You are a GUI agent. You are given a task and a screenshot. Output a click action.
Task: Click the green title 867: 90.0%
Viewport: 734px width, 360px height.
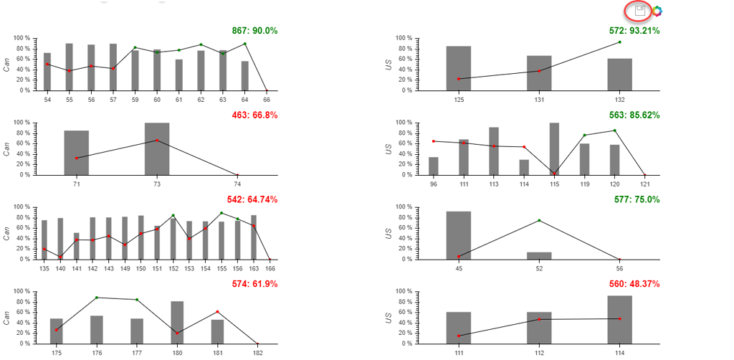(254, 31)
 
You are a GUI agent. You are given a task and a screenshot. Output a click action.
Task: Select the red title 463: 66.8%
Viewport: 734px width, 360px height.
(254, 115)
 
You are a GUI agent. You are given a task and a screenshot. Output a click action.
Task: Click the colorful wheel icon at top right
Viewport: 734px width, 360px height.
(657, 11)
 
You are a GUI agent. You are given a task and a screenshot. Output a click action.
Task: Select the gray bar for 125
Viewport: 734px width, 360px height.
(459, 68)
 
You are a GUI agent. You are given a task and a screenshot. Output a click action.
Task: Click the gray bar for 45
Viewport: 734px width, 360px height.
(459, 235)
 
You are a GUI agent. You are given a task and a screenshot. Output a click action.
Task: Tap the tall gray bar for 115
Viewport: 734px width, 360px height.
(554, 149)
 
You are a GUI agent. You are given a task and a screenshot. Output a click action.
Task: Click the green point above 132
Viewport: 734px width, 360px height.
(619, 42)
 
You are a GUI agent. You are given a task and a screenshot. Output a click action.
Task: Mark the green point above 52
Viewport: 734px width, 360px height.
(539, 220)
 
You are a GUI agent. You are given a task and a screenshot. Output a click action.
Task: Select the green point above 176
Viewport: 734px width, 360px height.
(97, 298)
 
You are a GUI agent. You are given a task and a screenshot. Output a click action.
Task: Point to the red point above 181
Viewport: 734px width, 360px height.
(217, 312)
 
